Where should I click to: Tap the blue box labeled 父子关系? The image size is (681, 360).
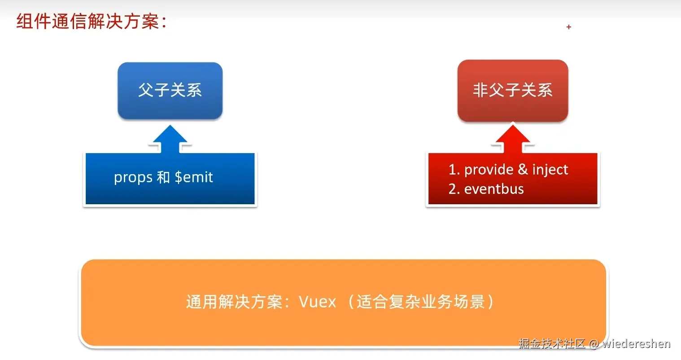[x=170, y=90]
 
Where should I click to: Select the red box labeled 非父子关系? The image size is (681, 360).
[x=512, y=90]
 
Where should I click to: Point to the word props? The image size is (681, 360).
[x=133, y=178]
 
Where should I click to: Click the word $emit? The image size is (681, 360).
[x=194, y=177]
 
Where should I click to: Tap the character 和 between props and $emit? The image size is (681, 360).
[x=163, y=177]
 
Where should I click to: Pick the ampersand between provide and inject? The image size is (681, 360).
[x=523, y=169]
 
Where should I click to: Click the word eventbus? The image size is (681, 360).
[x=494, y=189]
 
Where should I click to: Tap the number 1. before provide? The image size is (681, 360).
[x=454, y=170]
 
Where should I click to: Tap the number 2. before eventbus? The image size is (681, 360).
[x=454, y=189]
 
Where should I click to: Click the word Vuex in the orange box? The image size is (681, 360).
[x=317, y=302]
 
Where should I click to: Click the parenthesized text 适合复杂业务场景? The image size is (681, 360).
[x=421, y=302]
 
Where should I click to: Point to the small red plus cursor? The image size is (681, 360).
[x=568, y=27]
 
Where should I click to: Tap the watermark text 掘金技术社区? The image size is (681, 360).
[x=552, y=344]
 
